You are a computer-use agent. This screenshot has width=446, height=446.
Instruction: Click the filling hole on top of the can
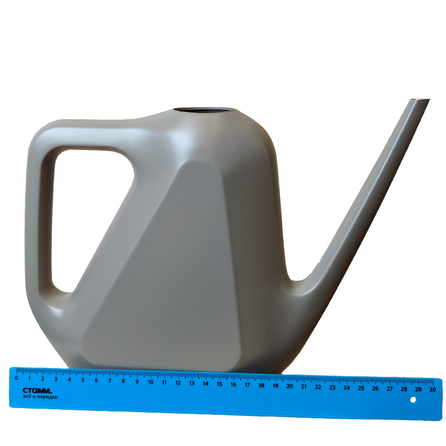point(205,110)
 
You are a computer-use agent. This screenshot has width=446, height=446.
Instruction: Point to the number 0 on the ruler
point(17,378)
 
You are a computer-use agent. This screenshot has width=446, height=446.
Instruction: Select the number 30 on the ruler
point(433,389)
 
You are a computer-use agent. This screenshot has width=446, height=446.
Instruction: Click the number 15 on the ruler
point(219,384)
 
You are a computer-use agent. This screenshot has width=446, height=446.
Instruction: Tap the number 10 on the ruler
point(151,382)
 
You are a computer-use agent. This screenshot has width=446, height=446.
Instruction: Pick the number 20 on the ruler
point(289,386)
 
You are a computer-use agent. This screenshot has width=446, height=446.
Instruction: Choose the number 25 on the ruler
point(361,387)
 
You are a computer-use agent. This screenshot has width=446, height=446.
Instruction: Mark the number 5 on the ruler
point(83,380)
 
